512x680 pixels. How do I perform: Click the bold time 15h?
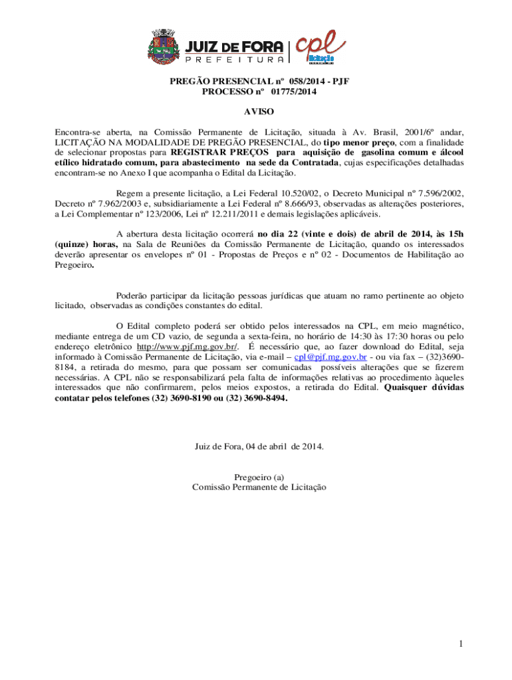pos(456,234)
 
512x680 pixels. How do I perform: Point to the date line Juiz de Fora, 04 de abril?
pos(259,446)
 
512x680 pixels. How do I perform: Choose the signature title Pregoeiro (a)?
pos(259,477)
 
